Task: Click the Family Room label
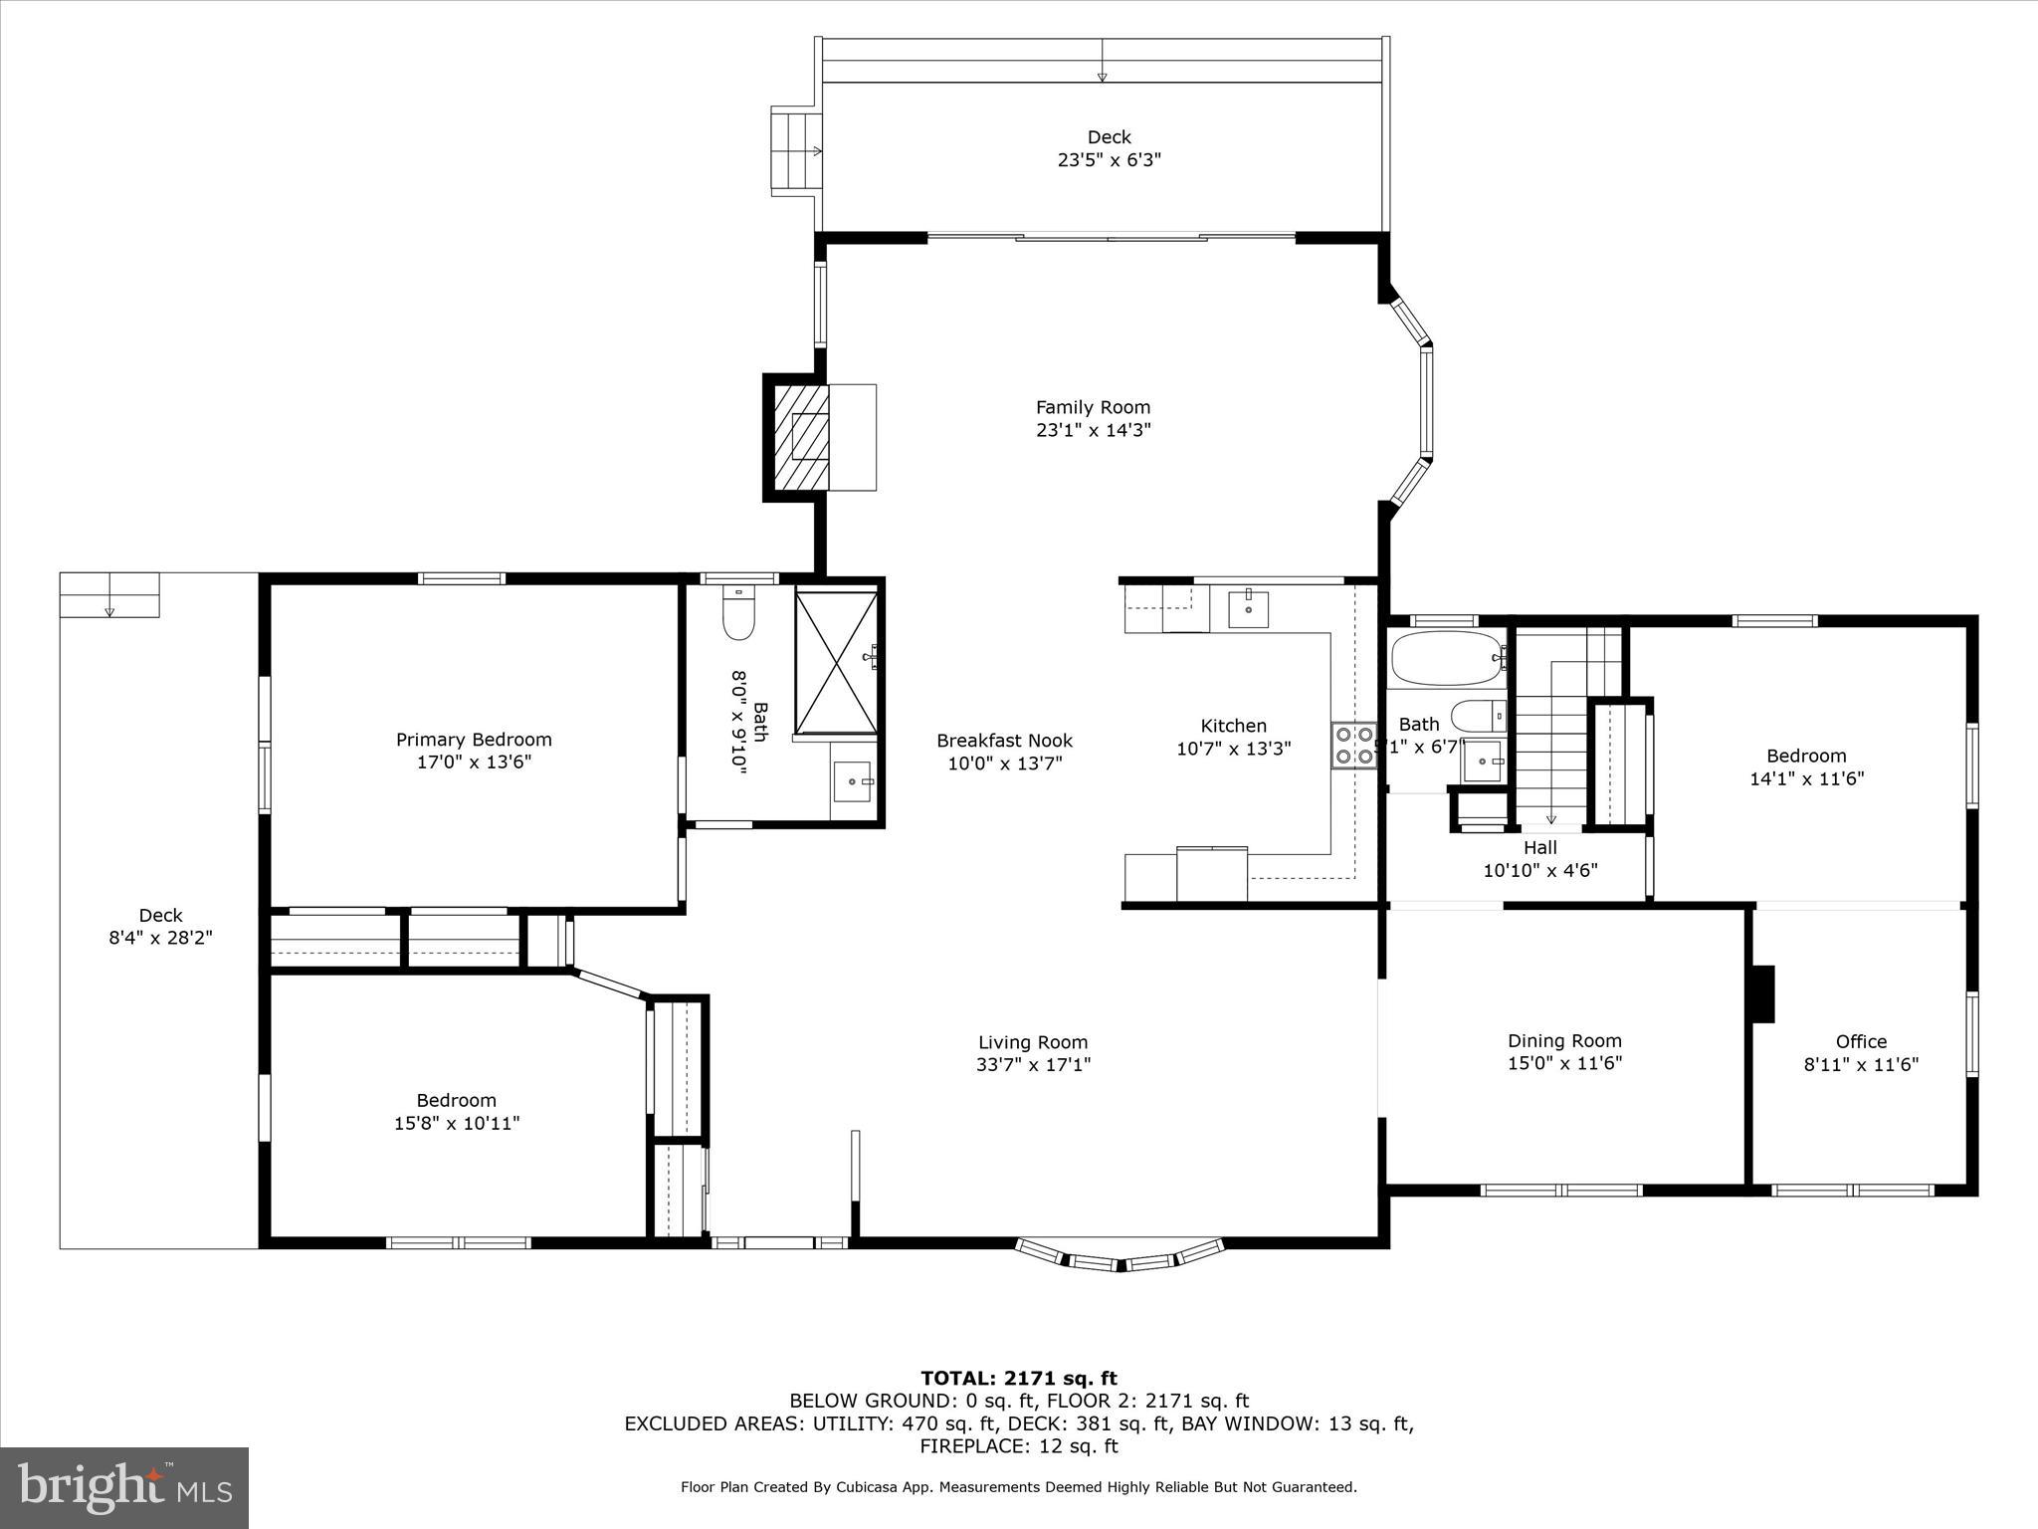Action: (x=1093, y=407)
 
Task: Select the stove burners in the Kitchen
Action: (x=1353, y=746)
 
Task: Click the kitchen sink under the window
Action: (x=1248, y=608)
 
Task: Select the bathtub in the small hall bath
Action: (x=1447, y=658)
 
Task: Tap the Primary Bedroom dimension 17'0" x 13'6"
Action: (x=474, y=763)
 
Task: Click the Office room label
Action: (x=1861, y=1041)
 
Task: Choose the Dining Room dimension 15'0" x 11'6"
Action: (x=1564, y=1063)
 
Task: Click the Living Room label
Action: (x=1033, y=1042)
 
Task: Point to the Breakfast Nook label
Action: (x=1004, y=741)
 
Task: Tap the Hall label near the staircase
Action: (x=1539, y=848)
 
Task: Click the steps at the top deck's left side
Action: (x=795, y=151)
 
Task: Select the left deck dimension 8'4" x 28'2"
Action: (x=160, y=938)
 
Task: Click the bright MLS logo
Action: (x=124, y=1487)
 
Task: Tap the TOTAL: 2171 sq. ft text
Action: (x=1018, y=1379)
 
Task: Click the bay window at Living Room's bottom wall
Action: (x=1120, y=1258)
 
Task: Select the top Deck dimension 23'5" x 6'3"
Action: (x=1109, y=159)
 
